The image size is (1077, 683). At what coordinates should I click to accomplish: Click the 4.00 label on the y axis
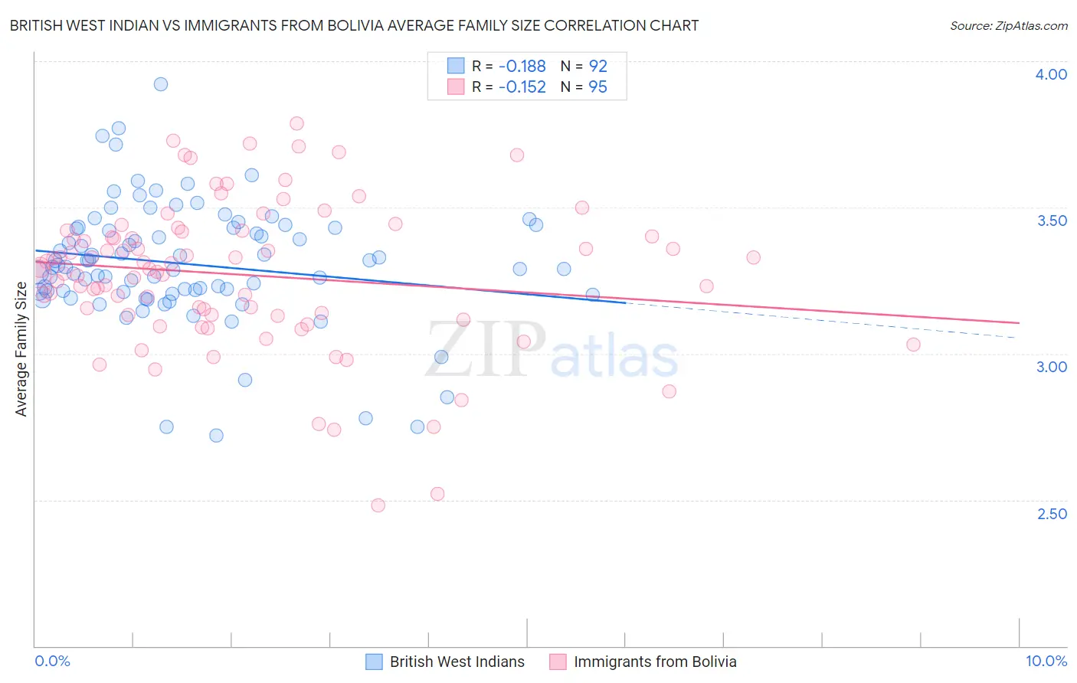1051,74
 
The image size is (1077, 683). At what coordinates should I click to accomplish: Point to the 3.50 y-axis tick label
1052,221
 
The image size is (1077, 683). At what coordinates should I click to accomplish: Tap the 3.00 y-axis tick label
1051,367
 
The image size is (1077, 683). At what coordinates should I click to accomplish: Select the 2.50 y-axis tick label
1052,514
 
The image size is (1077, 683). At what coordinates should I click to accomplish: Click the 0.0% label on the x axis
52,661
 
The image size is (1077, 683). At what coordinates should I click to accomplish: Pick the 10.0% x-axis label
1046,661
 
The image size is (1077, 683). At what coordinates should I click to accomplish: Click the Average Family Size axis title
21,349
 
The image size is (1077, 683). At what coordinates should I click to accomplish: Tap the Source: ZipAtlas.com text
1008,25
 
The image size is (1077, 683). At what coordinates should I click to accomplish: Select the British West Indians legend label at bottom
457,662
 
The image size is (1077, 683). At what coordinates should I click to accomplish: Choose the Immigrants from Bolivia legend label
655,662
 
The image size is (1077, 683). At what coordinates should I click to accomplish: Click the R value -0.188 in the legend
522,67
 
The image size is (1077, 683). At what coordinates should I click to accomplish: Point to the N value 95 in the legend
597,87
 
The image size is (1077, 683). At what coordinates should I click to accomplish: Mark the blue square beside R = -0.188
456,67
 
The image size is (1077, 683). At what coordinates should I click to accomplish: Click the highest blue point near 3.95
161,84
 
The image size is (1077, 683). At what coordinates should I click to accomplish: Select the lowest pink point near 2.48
378,505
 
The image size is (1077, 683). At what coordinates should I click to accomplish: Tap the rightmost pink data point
913,345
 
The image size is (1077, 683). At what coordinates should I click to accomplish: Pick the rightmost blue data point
592,295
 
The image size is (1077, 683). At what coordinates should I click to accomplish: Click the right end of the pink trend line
1019,323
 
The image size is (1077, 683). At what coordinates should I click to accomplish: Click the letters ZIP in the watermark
485,349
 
